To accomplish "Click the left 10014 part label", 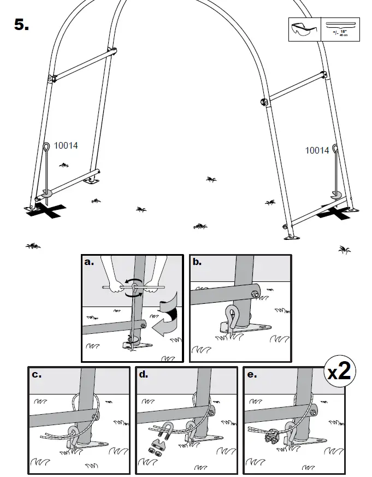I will (66, 146).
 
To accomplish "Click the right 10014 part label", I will (317, 150).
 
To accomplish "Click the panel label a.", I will (90, 262).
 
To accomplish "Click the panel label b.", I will (197, 262).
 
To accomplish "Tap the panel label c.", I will (37, 375).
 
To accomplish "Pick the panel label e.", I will (251, 375).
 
